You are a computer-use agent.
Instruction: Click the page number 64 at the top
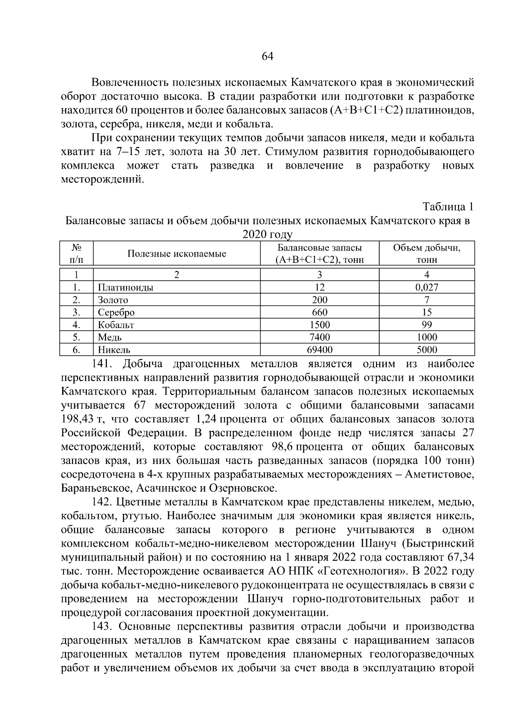coord(267,57)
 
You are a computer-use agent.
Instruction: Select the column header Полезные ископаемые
coord(177,254)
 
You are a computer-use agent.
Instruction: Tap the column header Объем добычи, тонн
coord(427,254)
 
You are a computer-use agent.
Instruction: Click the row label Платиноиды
coord(126,288)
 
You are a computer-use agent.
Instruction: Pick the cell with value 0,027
coord(427,288)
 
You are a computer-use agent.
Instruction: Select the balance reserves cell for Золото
coord(320,300)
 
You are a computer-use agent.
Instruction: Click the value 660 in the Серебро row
coord(320,312)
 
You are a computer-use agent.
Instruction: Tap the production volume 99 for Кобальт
coord(427,325)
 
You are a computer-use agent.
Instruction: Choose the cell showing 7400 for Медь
coord(320,337)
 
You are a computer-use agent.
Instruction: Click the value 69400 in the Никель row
coord(320,350)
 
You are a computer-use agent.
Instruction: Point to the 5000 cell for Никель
coord(427,350)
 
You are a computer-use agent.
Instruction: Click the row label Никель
coord(114,350)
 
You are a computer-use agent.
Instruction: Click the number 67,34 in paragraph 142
coord(461,558)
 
